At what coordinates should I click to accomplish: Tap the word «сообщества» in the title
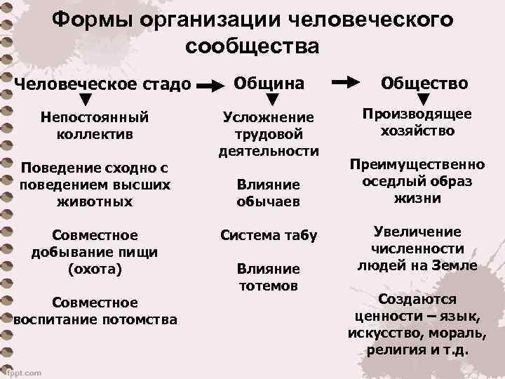[x=252, y=46]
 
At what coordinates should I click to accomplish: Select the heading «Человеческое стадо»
[x=103, y=84]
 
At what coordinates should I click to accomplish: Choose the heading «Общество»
[x=424, y=83]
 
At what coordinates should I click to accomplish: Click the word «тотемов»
[x=269, y=286]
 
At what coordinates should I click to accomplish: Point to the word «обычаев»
[x=269, y=201]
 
